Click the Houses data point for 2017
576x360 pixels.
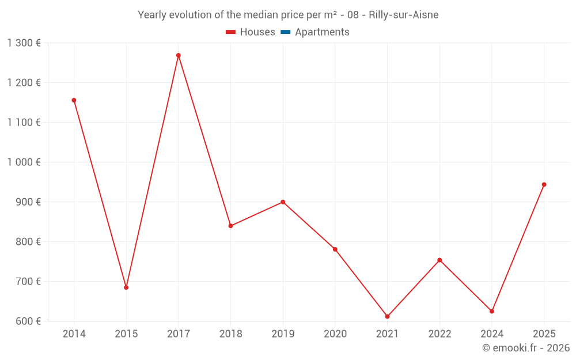(179, 55)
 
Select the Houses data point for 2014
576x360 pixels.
(74, 100)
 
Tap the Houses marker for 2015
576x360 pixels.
(126, 287)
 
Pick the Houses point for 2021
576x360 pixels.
(388, 316)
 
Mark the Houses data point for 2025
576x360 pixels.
(544, 185)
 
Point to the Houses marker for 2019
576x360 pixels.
(283, 202)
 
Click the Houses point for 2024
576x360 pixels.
(492, 311)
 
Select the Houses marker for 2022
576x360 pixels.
(439, 260)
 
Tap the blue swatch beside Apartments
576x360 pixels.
(285, 32)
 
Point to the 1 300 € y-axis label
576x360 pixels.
(24, 43)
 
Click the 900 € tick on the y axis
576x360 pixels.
(28, 202)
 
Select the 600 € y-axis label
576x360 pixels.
(28, 321)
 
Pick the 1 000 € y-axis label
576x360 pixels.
(24, 162)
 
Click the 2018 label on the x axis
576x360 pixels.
(230, 334)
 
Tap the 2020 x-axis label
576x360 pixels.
(335, 334)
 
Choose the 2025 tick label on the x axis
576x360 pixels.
(544, 334)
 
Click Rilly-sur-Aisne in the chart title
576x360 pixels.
(403, 15)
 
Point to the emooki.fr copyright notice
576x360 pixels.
(526, 348)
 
